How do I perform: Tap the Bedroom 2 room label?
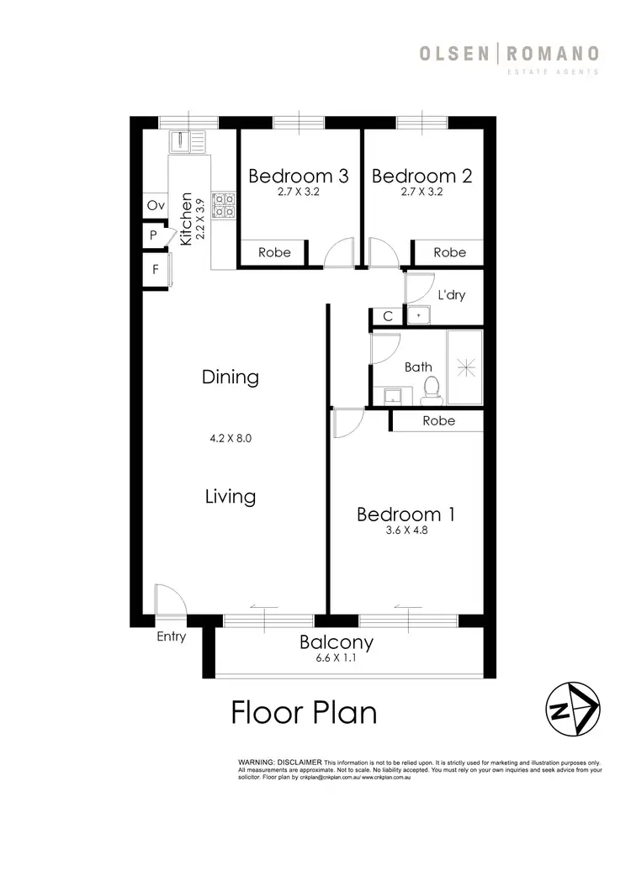coord(422,176)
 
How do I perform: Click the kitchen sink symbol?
coord(188,141)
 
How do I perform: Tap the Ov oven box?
coord(155,205)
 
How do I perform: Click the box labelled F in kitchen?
coord(155,270)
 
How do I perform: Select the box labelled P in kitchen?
coord(154,236)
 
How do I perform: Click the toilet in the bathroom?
coord(431,388)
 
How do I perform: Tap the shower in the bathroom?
coord(465,367)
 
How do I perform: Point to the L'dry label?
coord(452,296)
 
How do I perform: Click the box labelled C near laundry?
coord(387,316)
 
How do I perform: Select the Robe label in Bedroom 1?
coord(438,420)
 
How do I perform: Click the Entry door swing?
coord(168,600)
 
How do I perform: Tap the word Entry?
coord(171,636)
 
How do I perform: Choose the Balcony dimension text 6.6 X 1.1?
coord(337,660)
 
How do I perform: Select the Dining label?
coord(230,377)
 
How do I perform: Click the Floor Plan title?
coord(304,713)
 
